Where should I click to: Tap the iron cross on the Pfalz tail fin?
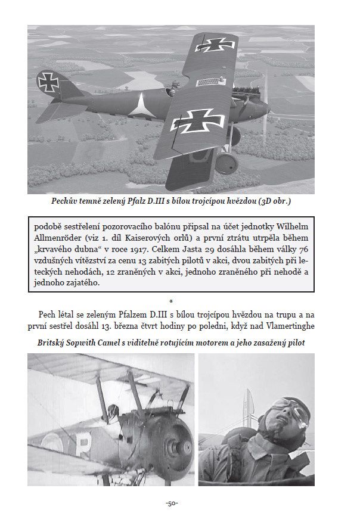coord(49,82)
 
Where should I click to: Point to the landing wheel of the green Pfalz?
coord(225,162)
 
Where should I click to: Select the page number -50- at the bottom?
coord(172,504)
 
